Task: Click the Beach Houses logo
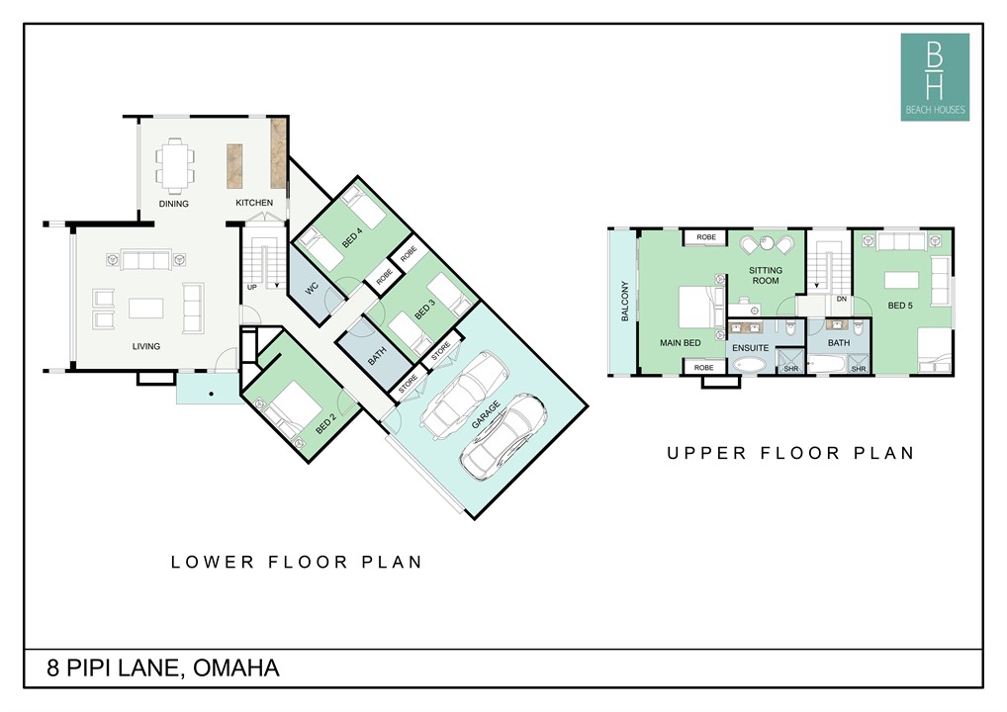coord(935,77)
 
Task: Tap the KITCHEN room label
coord(254,203)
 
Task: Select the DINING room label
coord(174,204)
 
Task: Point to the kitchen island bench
coord(234,166)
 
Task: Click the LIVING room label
coord(146,346)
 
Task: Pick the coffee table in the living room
coord(145,309)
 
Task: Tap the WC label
coord(313,289)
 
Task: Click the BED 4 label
coord(352,237)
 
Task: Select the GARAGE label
coord(486,414)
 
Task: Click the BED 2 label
coord(325,424)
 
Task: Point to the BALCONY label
coord(625,301)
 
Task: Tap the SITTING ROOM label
coord(766,276)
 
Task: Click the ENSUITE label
coord(751,348)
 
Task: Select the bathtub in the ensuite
coord(750,365)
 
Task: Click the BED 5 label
coord(900,306)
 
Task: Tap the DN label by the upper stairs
coord(841,300)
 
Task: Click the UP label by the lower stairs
coord(251,287)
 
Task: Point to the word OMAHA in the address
coord(236,668)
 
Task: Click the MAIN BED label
coord(681,343)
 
